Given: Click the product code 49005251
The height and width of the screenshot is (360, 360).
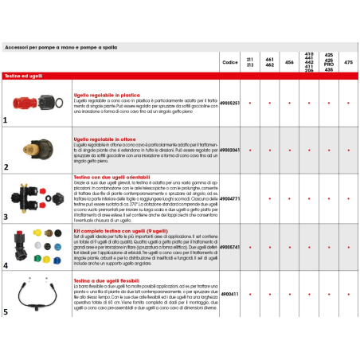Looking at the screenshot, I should point(229,104).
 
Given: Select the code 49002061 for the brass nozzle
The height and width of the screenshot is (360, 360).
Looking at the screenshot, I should point(229,148).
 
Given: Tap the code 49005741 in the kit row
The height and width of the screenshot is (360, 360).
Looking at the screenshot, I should point(229,248).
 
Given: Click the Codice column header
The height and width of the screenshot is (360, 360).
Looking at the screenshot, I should point(229,61).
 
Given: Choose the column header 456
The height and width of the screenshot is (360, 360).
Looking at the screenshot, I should point(288,61).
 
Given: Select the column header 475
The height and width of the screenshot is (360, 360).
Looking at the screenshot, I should point(347,61).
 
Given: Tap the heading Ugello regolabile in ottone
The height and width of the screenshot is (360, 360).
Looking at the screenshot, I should point(104,139).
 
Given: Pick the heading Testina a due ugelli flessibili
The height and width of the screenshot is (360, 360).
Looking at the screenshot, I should point(108,281).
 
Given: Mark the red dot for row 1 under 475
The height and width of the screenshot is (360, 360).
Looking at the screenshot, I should point(347,104).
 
